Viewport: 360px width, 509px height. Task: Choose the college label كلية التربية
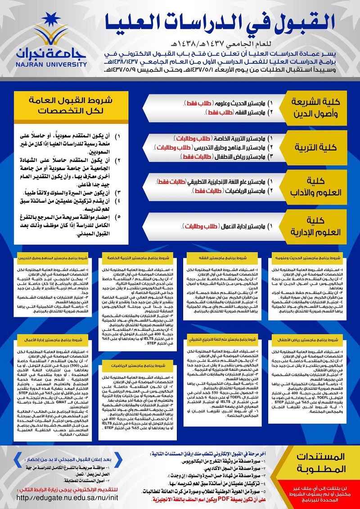coord(320,147)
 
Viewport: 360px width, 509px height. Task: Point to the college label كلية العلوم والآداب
coord(320,186)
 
